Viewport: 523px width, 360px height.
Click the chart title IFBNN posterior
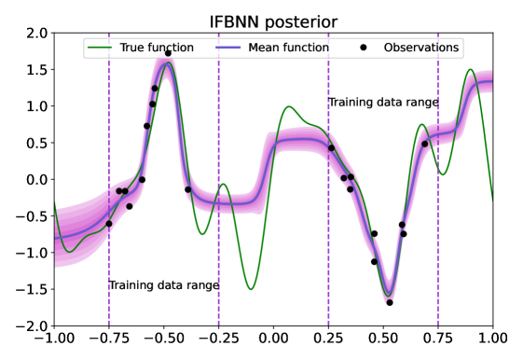point(273,22)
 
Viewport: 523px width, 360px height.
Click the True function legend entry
point(141,48)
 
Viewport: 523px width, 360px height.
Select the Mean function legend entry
point(272,48)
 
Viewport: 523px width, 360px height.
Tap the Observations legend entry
point(409,48)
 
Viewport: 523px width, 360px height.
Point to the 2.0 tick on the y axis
point(37,34)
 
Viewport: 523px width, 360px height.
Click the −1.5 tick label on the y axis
point(32,289)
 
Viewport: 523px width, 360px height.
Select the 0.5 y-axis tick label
point(37,143)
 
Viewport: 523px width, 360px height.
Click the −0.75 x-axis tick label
point(109,338)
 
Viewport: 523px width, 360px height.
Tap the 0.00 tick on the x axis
point(273,338)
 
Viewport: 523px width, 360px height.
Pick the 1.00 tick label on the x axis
point(493,338)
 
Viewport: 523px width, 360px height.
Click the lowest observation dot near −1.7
point(390,302)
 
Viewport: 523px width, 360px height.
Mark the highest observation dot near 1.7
point(168,53)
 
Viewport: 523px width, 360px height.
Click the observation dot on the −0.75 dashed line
point(109,224)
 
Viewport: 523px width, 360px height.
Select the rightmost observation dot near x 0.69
point(424,145)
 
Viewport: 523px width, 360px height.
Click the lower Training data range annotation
point(164,285)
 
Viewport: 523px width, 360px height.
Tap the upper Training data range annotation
point(383,102)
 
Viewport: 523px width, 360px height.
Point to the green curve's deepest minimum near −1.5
point(251,289)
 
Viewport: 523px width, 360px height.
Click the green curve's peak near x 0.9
point(470,69)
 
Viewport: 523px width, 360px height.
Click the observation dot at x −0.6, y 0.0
point(142,180)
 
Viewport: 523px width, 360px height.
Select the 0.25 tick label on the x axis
point(328,338)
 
